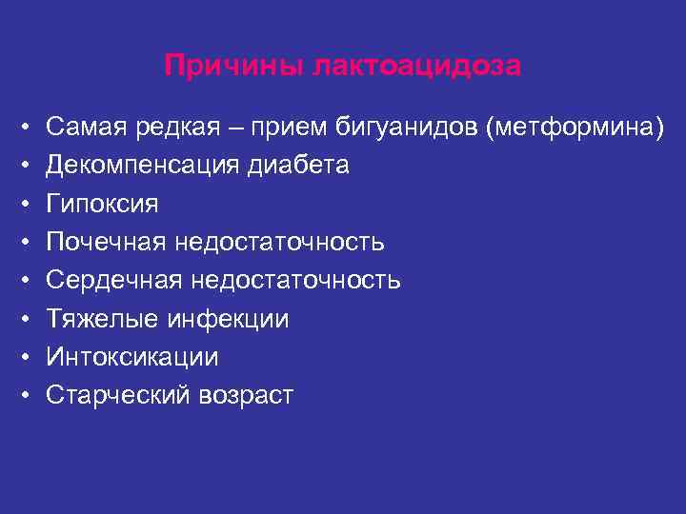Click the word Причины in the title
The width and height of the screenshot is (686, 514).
(x=222, y=66)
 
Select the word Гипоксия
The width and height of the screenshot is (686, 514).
(x=102, y=204)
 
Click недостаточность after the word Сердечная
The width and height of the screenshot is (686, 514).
(x=295, y=280)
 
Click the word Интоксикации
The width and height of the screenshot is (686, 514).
(x=131, y=357)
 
